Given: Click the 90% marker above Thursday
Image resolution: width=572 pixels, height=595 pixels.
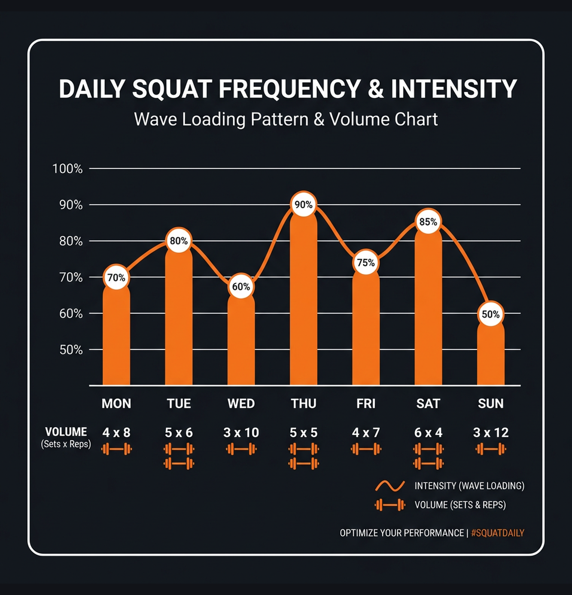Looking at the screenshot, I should (303, 204).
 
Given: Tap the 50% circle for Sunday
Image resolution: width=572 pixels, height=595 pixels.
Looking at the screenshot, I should (490, 314).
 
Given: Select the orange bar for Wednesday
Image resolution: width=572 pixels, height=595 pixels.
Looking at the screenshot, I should (241, 341).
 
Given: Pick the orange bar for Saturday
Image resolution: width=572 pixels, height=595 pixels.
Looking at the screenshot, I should (428, 309).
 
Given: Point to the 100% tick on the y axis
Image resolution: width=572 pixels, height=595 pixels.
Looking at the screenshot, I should (67, 169).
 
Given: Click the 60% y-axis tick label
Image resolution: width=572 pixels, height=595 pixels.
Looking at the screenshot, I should (71, 314).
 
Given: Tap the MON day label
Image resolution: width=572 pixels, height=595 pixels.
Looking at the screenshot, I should (116, 404).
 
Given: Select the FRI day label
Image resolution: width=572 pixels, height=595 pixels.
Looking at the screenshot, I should (366, 404).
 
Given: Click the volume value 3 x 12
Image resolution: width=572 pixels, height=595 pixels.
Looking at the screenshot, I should (491, 432).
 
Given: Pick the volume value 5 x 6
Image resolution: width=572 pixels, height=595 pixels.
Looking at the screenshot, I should (179, 433).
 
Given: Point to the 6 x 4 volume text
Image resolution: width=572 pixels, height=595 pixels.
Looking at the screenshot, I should (428, 433).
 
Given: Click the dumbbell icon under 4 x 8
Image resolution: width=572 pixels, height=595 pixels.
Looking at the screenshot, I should (117, 449).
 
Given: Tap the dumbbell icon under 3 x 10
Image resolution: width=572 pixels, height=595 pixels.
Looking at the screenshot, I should (241, 449).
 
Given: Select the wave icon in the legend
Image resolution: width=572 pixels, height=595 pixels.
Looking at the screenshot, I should (390, 486).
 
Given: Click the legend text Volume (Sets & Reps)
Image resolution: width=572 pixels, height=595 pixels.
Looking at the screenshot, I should (460, 505).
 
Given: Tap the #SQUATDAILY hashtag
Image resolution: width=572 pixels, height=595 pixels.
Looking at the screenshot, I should (498, 533).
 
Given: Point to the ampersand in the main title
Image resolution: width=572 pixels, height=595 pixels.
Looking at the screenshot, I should (376, 89).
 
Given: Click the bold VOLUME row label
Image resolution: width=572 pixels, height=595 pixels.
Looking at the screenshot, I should (66, 432).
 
